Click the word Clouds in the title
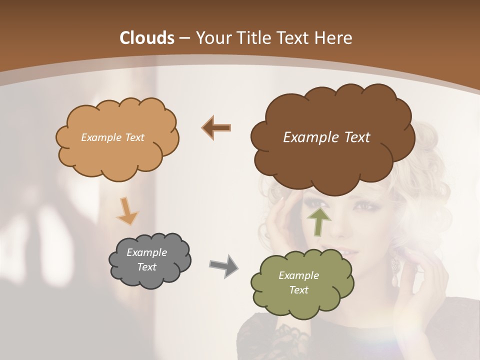click(147, 38)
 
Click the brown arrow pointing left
click(216, 127)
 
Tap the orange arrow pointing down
click(127, 210)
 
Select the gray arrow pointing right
click(223, 265)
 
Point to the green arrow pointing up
click(319, 221)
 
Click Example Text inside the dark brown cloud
click(326, 137)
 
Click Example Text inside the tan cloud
click(112, 137)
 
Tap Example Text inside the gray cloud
click(146, 259)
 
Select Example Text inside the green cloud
click(298, 282)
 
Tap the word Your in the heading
click(212, 38)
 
